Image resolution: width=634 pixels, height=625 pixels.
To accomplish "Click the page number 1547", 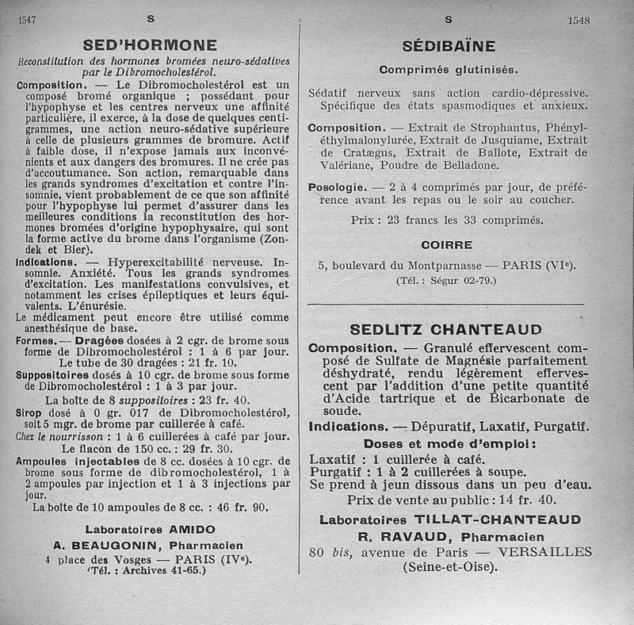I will click(29, 21).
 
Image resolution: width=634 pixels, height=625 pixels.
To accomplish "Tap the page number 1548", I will click(579, 21).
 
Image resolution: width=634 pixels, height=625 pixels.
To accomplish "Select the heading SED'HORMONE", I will click(150, 44).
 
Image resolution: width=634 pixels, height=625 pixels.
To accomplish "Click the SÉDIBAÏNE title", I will click(449, 46).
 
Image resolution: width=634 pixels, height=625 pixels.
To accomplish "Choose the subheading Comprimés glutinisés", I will click(448, 70).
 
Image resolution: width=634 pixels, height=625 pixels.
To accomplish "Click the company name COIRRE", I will click(447, 244).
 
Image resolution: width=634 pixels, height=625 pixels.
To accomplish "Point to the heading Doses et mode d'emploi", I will click(447, 443).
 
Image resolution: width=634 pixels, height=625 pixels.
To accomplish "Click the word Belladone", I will click(468, 165).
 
